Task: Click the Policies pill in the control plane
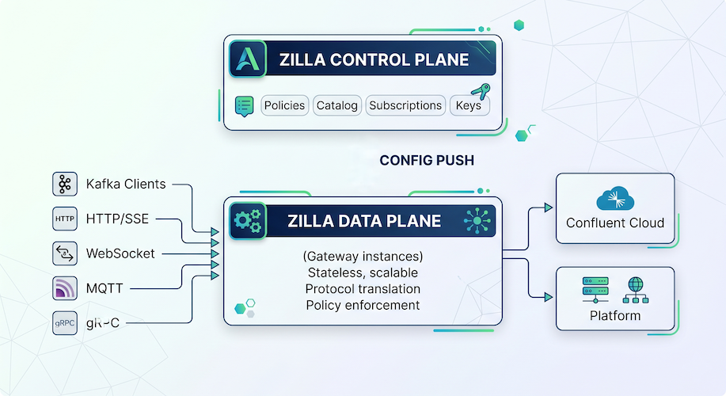(284, 105)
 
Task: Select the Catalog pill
(337, 105)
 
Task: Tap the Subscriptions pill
(405, 105)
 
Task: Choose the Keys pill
(469, 105)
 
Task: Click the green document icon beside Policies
(245, 105)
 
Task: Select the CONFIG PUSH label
(427, 160)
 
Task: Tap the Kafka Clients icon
(64, 184)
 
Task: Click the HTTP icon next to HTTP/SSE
(64, 219)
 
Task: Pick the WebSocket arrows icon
(64, 253)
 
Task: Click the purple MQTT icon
(64, 288)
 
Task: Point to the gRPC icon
(64, 323)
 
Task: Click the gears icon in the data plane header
(247, 221)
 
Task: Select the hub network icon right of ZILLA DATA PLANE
(478, 221)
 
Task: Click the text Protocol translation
(363, 288)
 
